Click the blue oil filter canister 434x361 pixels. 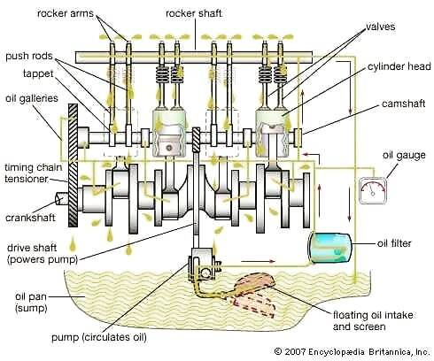pos(330,248)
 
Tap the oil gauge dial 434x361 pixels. pos(373,190)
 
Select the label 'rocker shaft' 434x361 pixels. pos(194,13)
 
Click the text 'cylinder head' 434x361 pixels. pos(399,66)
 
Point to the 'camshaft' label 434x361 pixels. pos(403,104)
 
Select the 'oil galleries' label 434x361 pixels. pos(32,98)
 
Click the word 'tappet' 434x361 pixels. pos(38,73)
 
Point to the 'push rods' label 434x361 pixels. pos(29,56)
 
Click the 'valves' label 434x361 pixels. pos(381,27)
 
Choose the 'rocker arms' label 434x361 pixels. pos(66,13)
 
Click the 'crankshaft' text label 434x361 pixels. pos(30,218)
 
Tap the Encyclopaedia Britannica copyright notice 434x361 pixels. pos(352,351)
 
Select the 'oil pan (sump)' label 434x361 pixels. pos(31,303)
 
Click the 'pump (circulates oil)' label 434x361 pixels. pos(99,337)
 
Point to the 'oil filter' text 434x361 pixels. pos(394,243)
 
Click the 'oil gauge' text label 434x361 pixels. pos(404,155)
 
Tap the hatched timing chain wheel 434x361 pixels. pos(73,165)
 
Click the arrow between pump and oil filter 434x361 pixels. pos(259,261)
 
